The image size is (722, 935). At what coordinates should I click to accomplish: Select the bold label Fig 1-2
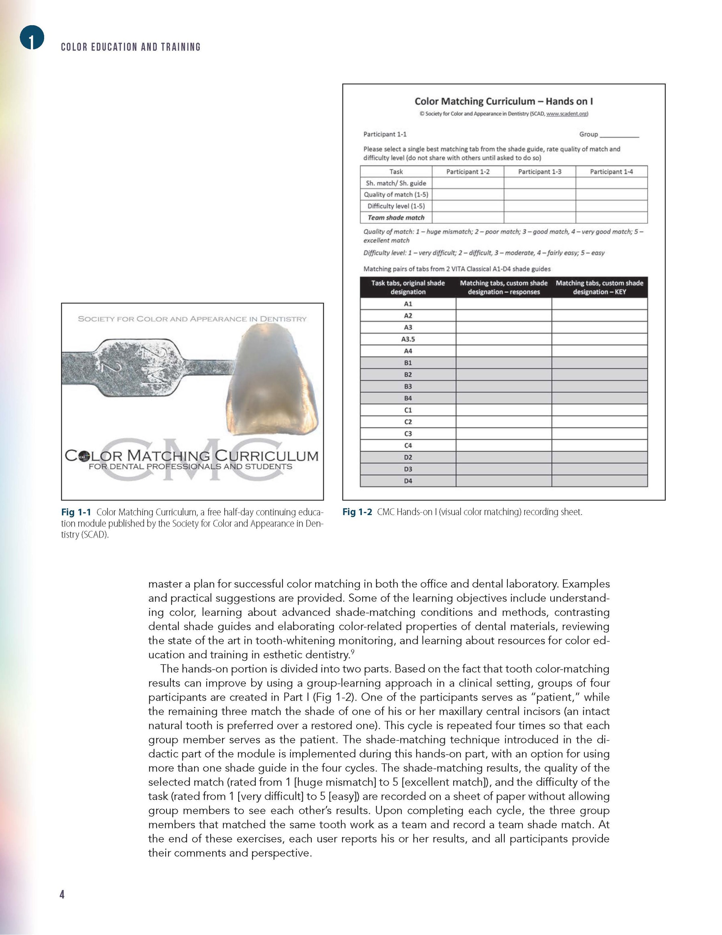pos(357,512)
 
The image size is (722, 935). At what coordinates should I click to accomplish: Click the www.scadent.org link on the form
pos(566,114)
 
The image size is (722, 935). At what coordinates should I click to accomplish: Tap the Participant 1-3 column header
pos(539,172)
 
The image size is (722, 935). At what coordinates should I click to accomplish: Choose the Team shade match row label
pos(395,218)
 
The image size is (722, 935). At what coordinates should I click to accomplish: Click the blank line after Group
pos(619,135)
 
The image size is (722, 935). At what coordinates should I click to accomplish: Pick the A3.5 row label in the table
pos(408,339)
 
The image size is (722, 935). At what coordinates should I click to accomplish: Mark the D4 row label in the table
pos(408,481)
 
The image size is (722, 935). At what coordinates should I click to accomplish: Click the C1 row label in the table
pos(408,410)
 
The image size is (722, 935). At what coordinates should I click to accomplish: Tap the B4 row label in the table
pos(408,398)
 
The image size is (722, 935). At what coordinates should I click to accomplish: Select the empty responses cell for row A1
pos(503,304)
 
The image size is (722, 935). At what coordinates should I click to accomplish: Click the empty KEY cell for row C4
pos(599,446)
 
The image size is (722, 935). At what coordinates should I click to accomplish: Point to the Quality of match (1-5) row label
pos(395,194)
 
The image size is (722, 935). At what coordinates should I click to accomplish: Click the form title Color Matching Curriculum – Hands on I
pos(503,102)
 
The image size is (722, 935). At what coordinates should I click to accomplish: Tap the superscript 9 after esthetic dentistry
pos(352,652)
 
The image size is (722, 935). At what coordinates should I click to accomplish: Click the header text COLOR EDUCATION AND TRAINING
pos(130,47)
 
